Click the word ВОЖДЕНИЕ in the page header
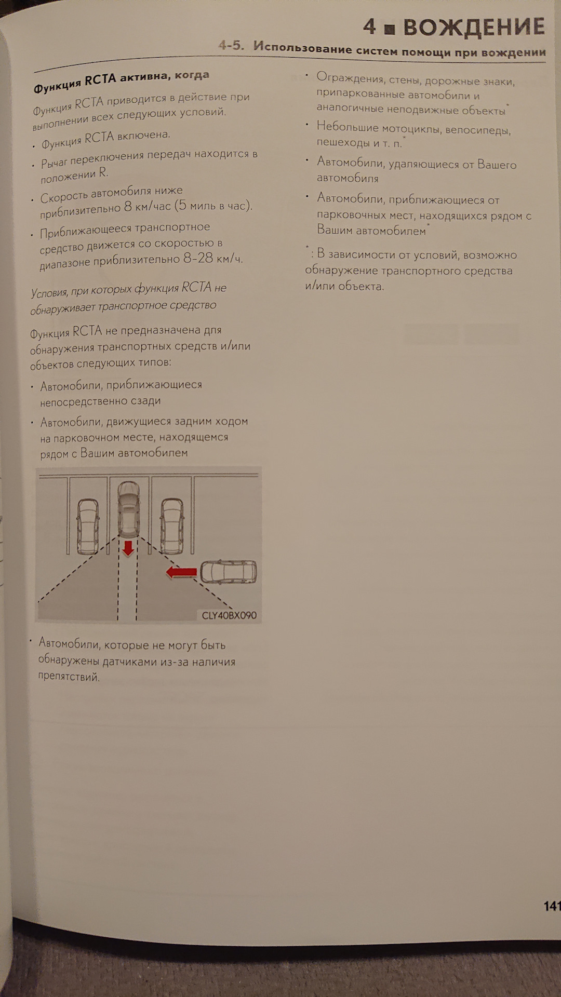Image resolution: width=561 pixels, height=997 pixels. coord(474,27)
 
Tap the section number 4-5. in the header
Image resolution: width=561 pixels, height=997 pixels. coord(231,45)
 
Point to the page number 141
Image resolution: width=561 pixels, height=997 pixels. coord(552,906)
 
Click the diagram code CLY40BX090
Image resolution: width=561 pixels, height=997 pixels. coord(229,615)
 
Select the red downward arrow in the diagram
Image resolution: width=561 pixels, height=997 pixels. coord(127,548)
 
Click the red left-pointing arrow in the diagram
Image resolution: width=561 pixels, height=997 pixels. coord(181,572)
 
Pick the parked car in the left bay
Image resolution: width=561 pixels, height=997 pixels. coord(88,526)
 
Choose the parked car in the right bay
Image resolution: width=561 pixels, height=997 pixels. coord(172,526)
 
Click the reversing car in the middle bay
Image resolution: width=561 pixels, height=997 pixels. coord(129,508)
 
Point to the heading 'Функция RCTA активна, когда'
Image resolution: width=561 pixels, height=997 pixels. coord(121,82)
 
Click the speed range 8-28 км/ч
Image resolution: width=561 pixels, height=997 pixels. coord(213,258)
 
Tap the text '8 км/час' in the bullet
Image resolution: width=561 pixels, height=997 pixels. coord(148,207)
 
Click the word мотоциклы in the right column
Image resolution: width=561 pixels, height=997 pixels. coord(410,128)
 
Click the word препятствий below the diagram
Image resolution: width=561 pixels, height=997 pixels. coord(68,677)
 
